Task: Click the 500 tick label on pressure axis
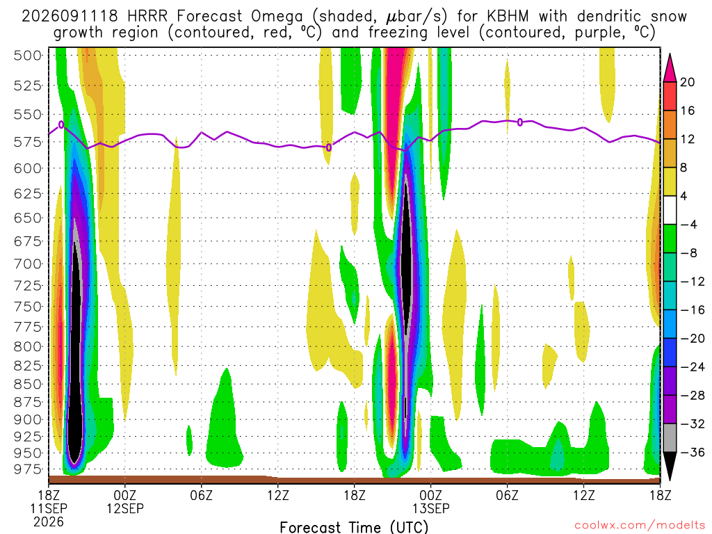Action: click(x=28, y=56)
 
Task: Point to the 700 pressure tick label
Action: click(x=28, y=264)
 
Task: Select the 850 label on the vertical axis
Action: click(x=28, y=384)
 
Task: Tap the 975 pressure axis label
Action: click(x=28, y=469)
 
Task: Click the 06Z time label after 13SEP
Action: click(x=507, y=495)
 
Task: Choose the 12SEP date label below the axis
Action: click(x=125, y=508)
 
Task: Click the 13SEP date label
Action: click(x=431, y=508)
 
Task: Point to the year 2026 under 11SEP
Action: click(x=49, y=521)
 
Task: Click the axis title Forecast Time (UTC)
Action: click(x=354, y=527)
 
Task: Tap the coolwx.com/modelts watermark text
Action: click(x=640, y=526)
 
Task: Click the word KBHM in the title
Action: click(x=508, y=17)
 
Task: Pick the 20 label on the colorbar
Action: click(x=687, y=82)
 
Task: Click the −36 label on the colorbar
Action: click(x=692, y=452)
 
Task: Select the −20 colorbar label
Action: click(x=692, y=339)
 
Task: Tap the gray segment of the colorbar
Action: click(x=670, y=438)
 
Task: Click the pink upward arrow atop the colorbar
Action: click(x=670, y=69)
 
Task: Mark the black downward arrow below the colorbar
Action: click(x=670, y=465)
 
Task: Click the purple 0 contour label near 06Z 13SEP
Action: click(x=520, y=122)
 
